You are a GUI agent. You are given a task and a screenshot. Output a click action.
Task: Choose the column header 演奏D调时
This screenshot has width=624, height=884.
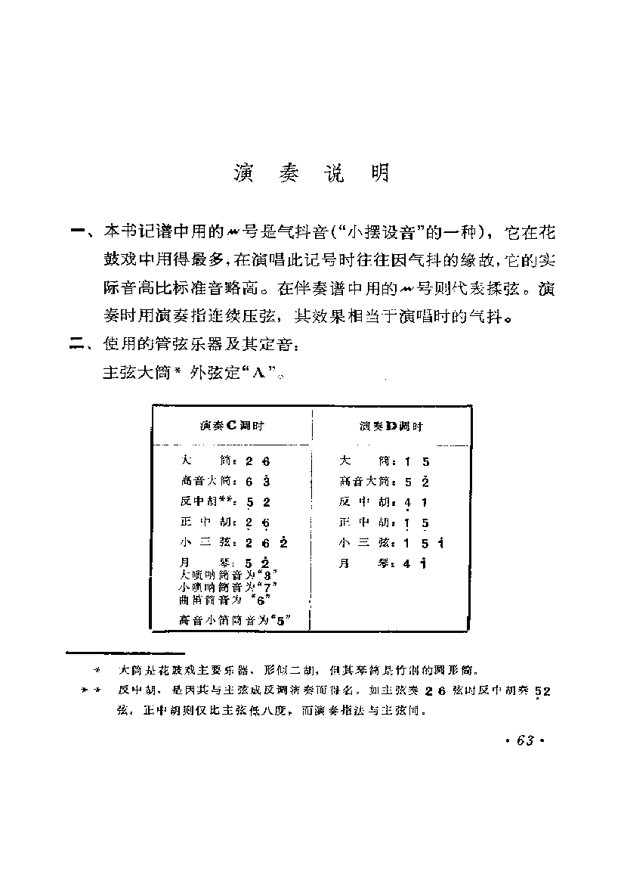click(x=391, y=426)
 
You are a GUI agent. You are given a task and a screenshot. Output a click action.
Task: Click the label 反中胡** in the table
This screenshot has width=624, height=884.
click(x=207, y=501)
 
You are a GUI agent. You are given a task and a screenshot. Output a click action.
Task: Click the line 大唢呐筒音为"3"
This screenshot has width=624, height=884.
click(x=226, y=575)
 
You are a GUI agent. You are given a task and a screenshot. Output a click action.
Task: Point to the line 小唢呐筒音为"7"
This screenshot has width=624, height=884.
click(x=226, y=587)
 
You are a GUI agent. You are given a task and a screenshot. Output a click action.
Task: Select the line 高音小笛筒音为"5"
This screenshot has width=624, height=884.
click(x=235, y=620)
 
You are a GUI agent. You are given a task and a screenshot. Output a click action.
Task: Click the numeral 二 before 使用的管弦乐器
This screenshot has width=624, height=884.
click(x=78, y=346)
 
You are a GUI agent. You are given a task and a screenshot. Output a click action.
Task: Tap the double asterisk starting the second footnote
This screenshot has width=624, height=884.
click(x=89, y=690)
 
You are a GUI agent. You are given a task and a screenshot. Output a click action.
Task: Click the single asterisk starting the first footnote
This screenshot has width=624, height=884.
click(x=96, y=670)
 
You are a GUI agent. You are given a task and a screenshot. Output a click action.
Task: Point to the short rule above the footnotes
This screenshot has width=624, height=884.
click(x=125, y=652)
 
